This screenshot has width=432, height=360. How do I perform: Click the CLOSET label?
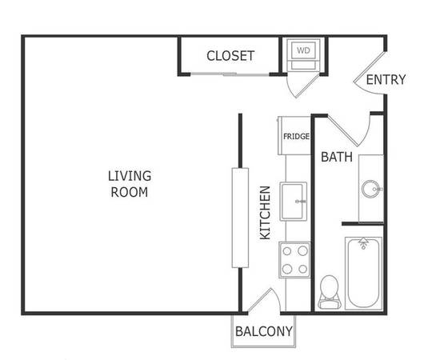tap(230, 56)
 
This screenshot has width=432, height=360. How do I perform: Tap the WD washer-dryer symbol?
tap(303, 54)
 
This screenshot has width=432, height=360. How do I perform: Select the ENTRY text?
tap(386, 80)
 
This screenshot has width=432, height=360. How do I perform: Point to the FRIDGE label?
tap(296, 136)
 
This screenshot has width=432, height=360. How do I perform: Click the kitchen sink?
tap(294, 201)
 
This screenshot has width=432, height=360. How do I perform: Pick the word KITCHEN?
tap(266, 213)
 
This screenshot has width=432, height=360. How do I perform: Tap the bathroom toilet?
tap(329, 292)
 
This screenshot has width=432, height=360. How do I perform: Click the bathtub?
tap(363, 273)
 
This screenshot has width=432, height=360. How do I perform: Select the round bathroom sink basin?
tap(370, 189)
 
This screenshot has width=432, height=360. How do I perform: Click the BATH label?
tap(337, 157)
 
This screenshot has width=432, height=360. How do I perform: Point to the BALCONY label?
tap(264, 331)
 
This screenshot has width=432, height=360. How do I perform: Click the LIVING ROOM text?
tap(130, 184)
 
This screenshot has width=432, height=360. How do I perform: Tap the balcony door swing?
tap(264, 300)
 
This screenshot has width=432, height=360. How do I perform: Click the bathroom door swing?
tap(350, 130)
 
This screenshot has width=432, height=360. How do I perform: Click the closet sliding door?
tap(230, 74)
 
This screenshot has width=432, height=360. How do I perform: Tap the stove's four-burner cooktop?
tap(294, 260)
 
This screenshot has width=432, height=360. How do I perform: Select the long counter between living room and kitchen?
tap(240, 218)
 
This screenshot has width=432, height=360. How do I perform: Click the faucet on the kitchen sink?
tap(300, 202)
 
